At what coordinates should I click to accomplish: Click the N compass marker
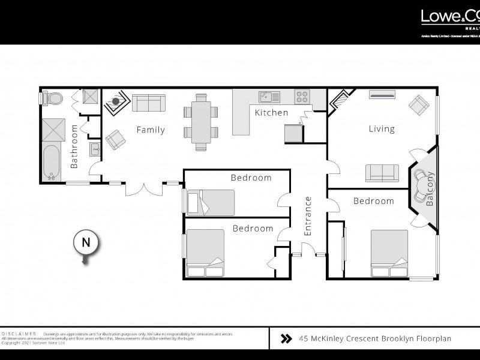click(x=86, y=244)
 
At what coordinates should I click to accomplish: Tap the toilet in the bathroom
click(x=52, y=98)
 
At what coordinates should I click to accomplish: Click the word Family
click(x=150, y=130)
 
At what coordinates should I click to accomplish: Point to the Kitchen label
click(x=271, y=113)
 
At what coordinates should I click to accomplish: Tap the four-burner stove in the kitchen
click(x=302, y=96)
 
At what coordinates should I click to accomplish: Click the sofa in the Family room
click(x=148, y=103)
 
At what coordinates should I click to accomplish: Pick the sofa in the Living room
click(x=382, y=172)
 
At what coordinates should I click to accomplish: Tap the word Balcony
click(x=430, y=190)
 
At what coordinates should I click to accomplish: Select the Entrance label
click(x=308, y=215)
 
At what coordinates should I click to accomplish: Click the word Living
click(x=381, y=128)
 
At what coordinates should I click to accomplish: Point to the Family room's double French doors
click(x=143, y=188)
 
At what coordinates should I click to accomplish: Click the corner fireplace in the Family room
click(x=115, y=102)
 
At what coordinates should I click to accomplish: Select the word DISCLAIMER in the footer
click(x=19, y=333)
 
